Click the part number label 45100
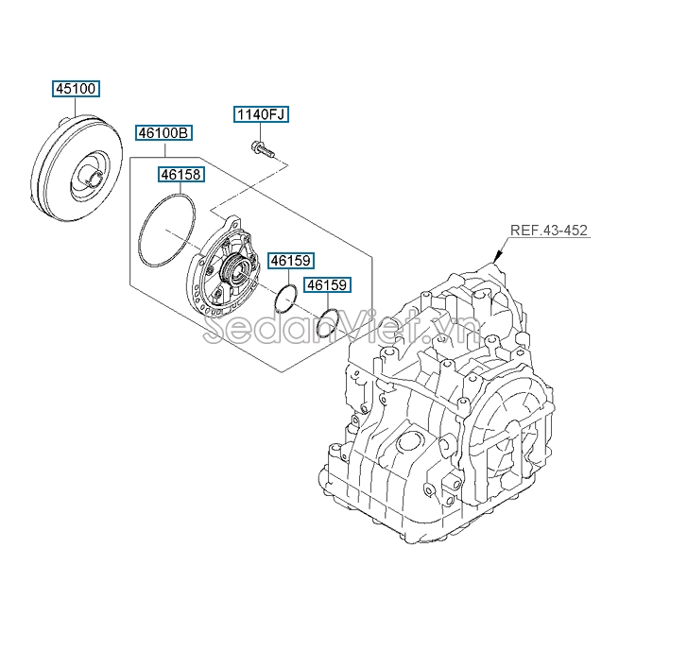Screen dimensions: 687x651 pyautogui.click(x=76, y=89)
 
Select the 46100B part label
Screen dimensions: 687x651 pyautogui.click(x=163, y=132)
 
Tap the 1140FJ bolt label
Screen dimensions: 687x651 pyautogui.click(x=261, y=114)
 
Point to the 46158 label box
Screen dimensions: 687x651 pyautogui.click(x=180, y=175)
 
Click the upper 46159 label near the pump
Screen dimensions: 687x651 pyautogui.click(x=291, y=260)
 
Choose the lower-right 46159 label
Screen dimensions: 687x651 pyautogui.click(x=327, y=284)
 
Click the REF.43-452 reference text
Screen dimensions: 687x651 pyautogui.click(x=548, y=231)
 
